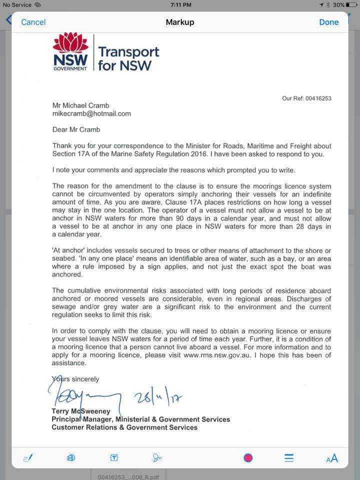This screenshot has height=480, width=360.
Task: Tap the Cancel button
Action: click(x=33, y=22)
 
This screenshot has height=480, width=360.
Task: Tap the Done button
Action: click(x=328, y=22)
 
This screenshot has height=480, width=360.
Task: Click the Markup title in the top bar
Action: click(x=179, y=22)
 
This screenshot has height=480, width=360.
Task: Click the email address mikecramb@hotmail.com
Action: click(x=91, y=113)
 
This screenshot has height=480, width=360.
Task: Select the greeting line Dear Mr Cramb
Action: click(x=76, y=129)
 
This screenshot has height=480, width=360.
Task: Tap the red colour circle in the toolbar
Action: click(x=248, y=457)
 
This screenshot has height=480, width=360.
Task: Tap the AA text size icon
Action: click(x=332, y=458)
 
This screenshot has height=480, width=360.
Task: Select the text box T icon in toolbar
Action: click(x=114, y=457)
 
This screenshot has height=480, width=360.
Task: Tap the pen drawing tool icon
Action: click(x=28, y=457)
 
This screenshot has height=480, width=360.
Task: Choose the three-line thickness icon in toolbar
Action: click(x=289, y=457)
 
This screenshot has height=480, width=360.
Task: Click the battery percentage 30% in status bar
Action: click(x=338, y=4)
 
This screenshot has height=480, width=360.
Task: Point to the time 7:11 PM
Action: click(x=179, y=4)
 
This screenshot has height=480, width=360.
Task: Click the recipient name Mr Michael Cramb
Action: click(x=80, y=105)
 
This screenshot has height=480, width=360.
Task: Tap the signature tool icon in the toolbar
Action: click(x=157, y=457)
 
